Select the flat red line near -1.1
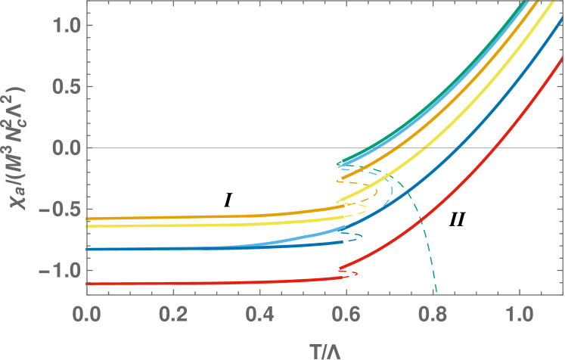(189, 283)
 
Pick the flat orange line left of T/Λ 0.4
(189, 217)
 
